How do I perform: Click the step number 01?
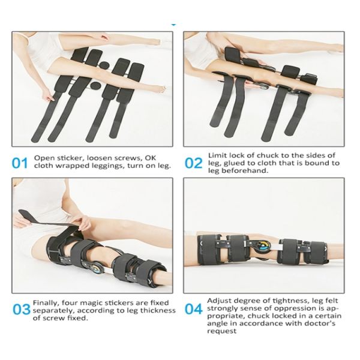click(x=20, y=163)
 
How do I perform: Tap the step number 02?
click(x=193, y=163)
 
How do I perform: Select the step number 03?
click(x=21, y=310)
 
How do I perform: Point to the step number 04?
click(x=193, y=310)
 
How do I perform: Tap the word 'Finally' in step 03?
click(x=46, y=303)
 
